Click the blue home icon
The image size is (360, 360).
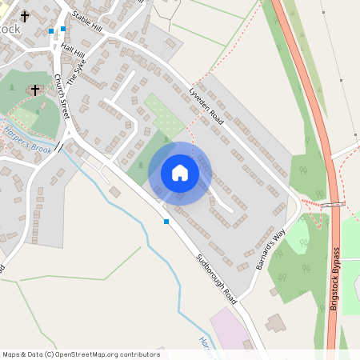click(180, 173)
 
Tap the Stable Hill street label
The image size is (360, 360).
click(87, 22)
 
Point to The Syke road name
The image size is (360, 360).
click(75, 74)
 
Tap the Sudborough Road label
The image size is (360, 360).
click(218, 278)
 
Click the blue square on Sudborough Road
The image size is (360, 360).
click(166, 221)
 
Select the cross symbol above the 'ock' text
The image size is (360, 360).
click(25, 15)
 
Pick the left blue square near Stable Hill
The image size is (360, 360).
click(51, 31)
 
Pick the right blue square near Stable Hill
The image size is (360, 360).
click(63, 29)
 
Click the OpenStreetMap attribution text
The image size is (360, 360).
click(81, 354)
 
